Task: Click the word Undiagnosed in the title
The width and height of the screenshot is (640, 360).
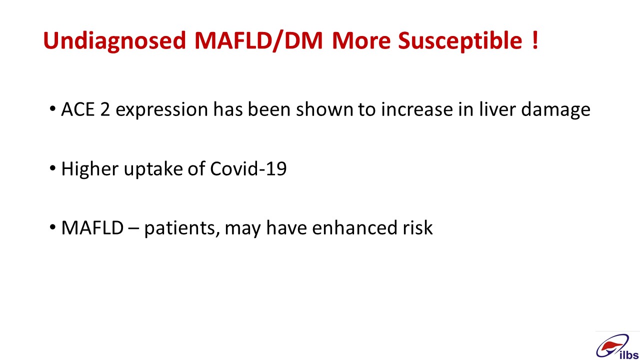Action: [114, 41]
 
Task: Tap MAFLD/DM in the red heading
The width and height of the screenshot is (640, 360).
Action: [258, 40]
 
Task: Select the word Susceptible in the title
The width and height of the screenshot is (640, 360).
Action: [460, 41]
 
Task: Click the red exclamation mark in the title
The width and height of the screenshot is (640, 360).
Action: [535, 40]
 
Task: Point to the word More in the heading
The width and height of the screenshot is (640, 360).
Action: [361, 40]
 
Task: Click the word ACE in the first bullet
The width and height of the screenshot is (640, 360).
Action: [77, 109]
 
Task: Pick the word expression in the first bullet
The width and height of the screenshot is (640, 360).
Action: [161, 110]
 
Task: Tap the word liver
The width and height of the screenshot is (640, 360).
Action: [497, 109]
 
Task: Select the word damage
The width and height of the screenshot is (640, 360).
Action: [555, 110]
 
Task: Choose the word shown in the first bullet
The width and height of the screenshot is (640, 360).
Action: [324, 109]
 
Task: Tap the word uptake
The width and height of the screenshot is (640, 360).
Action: [153, 169]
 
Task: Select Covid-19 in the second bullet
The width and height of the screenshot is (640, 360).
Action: [248, 168]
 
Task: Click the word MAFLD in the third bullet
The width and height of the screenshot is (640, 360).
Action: [92, 227]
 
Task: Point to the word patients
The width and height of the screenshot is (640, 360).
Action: [182, 228]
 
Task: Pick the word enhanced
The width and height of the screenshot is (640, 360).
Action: [354, 227]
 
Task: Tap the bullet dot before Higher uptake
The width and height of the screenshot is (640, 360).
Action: [52, 168]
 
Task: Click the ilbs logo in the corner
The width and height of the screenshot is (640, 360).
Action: [617, 347]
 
